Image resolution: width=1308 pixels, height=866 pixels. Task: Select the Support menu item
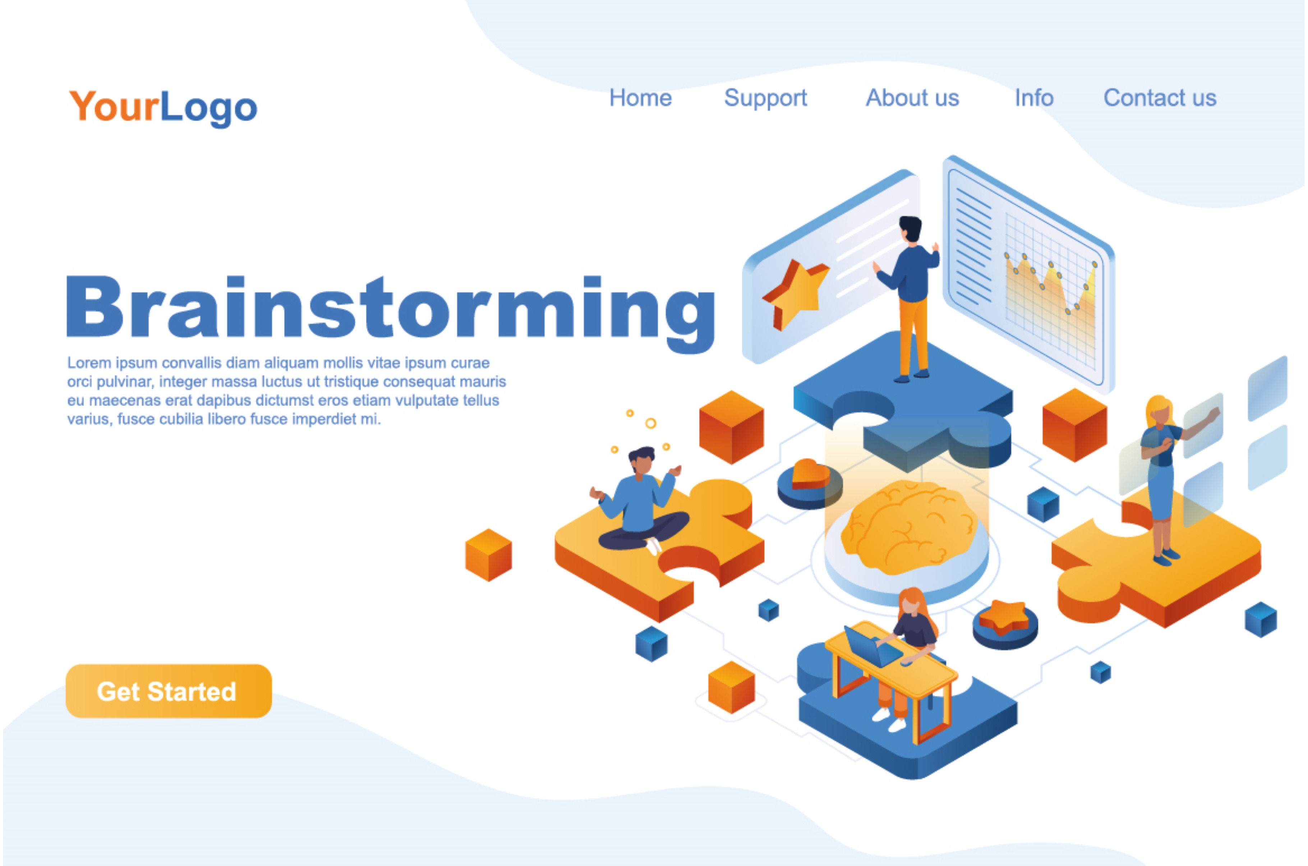click(765, 99)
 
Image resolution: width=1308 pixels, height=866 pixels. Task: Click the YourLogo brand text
click(163, 107)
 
